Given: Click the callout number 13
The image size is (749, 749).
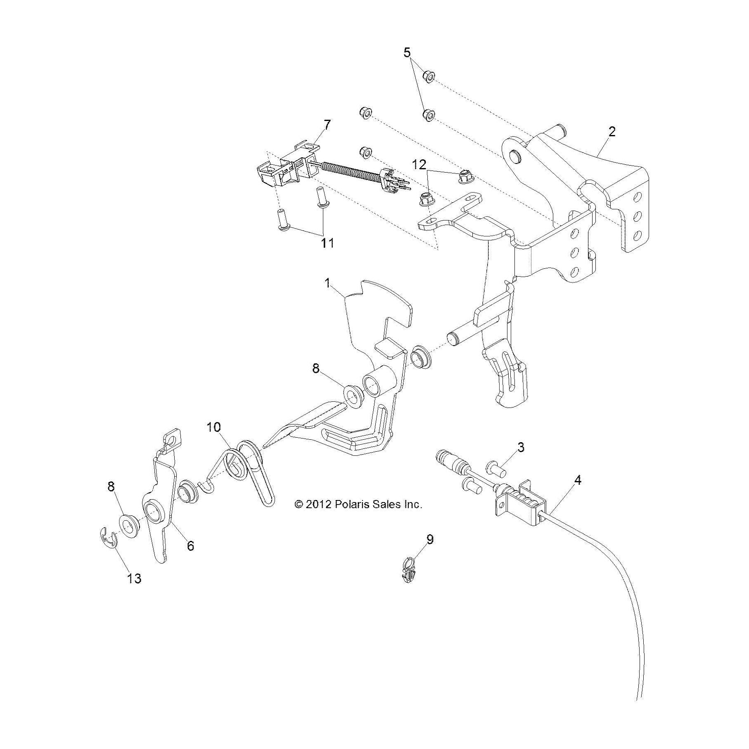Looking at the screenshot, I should pyautogui.click(x=135, y=578).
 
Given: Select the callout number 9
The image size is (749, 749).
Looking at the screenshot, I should pyautogui.click(x=430, y=539).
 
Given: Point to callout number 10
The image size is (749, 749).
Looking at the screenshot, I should pyautogui.click(x=214, y=427).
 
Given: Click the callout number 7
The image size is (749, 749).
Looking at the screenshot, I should pyautogui.click(x=327, y=125).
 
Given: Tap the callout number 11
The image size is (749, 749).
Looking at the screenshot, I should pyautogui.click(x=327, y=243).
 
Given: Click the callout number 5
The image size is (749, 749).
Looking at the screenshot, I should pyautogui.click(x=407, y=52).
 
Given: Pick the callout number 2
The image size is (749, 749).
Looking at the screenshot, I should pyautogui.click(x=612, y=132).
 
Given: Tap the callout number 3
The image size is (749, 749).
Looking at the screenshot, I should pyautogui.click(x=521, y=447).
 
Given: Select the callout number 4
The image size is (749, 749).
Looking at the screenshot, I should pyautogui.click(x=578, y=480).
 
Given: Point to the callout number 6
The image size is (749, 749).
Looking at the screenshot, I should pyautogui.click(x=190, y=546).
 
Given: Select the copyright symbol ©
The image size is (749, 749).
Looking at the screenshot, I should pyautogui.click(x=299, y=504).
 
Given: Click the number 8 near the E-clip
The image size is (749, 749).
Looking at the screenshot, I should pyautogui.click(x=111, y=487).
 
